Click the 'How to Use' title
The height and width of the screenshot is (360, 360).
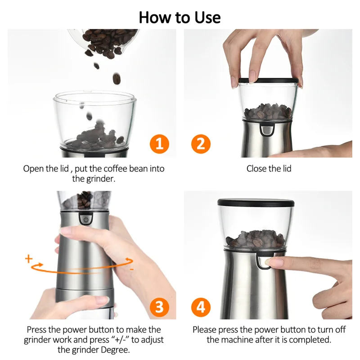[180, 17]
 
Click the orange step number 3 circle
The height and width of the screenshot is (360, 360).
[158, 307]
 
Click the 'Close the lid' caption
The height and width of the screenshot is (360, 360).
[269, 169]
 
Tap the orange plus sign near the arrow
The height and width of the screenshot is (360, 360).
[29, 259]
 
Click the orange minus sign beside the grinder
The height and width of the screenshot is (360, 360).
[131, 269]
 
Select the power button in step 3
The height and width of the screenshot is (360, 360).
[86, 219]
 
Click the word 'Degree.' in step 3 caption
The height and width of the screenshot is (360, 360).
[114, 350]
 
